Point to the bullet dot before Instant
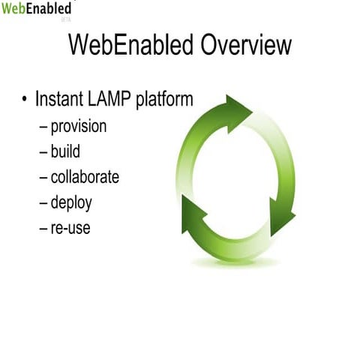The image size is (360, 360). pyautogui.click(x=25, y=100)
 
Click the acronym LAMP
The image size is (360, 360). pyautogui.click(x=113, y=99)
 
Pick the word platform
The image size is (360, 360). pyautogui.click(x=165, y=100)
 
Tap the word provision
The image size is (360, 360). pyautogui.click(x=78, y=127)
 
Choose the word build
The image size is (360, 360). pyautogui.click(x=65, y=151)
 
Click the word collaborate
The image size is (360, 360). pyautogui.click(x=85, y=177)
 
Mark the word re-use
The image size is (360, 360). pyautogui.click(x=70, y=227)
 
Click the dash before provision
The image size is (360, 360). pyautogui.click(x=43, y=127)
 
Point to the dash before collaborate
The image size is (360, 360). pyautogui.click(x=43, y=177)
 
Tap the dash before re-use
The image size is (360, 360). pyautogui.click(x=43, y=227)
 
